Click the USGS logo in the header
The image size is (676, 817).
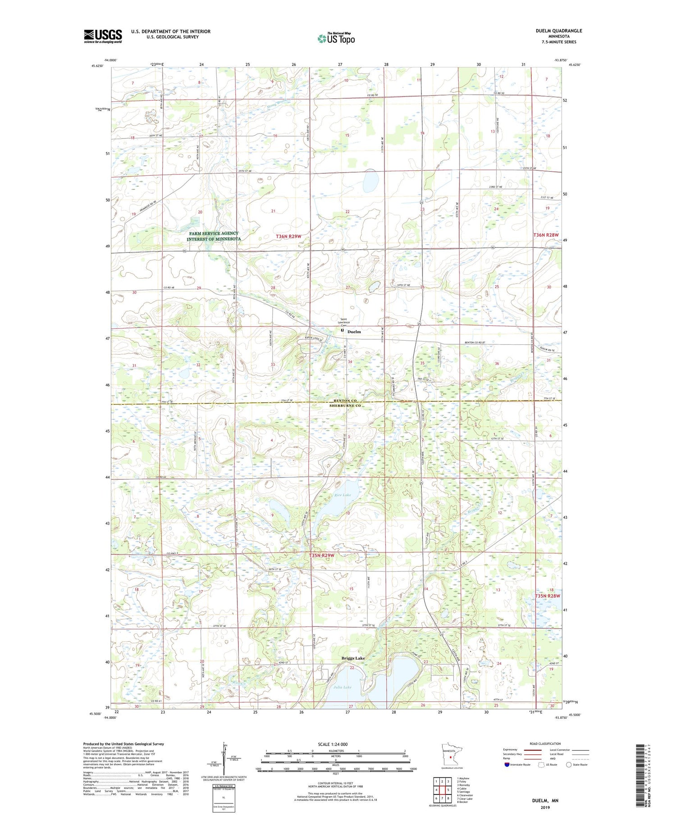pyautogui.click(x=103, y=36)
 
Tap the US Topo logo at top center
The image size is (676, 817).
pyautogui.click(x=336, y=38)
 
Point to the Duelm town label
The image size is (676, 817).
pyautogui.click(x=354, y=332)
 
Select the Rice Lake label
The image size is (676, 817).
pyautogui.click(x=343, y=495)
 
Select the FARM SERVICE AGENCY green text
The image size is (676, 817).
pyautogui.click(x=214, y=233)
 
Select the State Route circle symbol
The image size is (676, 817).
pyautogui.click(x=569, y=765)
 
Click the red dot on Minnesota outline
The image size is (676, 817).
pyautogui.click(x=450, y=758)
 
